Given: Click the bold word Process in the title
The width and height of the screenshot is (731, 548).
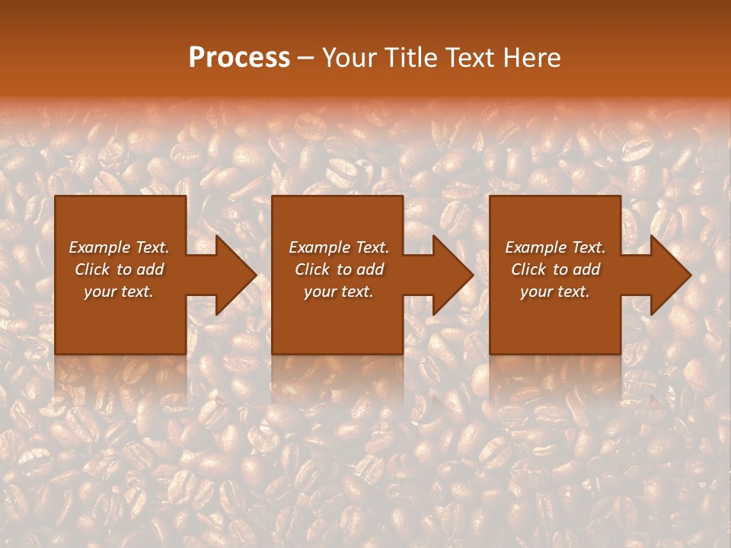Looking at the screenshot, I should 239,58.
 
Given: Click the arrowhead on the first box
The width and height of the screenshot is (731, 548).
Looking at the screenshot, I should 233,275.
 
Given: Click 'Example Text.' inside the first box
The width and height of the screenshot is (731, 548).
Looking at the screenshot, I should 119,247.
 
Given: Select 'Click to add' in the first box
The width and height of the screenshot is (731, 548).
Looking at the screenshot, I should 119,269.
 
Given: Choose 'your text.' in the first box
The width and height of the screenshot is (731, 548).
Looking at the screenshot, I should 119,292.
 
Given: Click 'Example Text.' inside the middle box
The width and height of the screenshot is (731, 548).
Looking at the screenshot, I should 339,247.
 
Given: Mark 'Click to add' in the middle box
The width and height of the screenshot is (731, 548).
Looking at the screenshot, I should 339,269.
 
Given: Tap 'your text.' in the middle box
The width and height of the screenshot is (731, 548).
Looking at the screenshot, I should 339,292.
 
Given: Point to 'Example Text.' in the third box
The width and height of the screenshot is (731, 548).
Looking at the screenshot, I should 555,247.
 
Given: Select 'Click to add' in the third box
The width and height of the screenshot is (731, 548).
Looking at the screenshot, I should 555,269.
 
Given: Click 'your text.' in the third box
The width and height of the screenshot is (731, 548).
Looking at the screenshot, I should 555,292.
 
